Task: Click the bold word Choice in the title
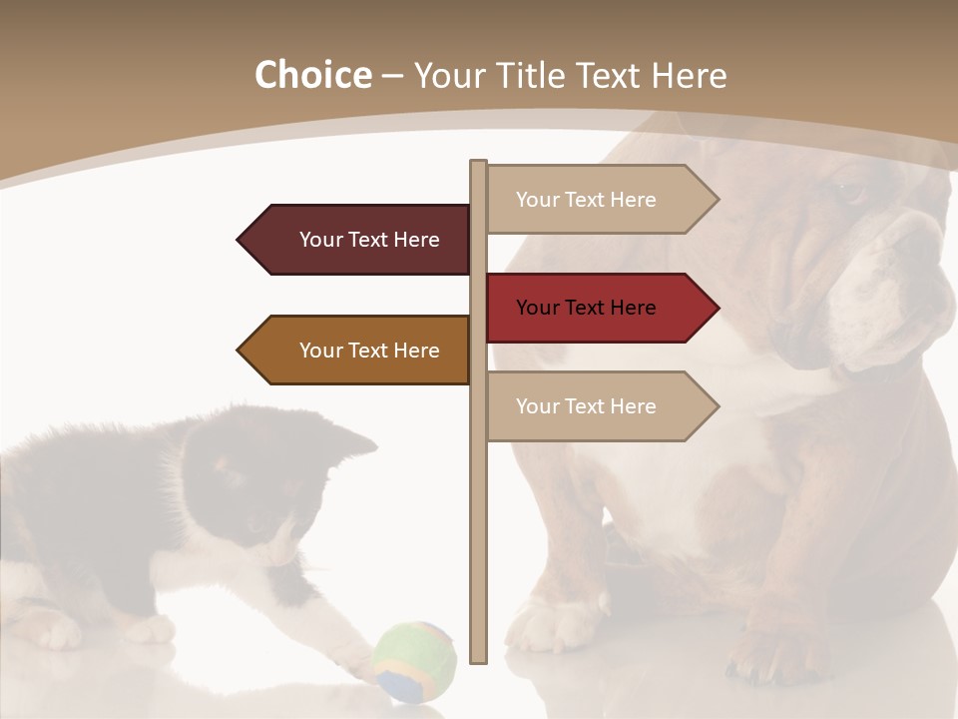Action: pyautogui.click(x=312, y=76)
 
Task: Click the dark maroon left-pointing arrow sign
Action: pyautogui.click(x=354, y=240)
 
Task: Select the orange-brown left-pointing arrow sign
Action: pyautogui.click(x=354, y=351)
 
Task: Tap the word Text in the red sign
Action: pyautogui.click(x=587, y=308)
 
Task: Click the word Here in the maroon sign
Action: pyautogui.click(x=416, y=240)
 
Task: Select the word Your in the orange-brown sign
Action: pyautogui.click(x=320, y=351)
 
